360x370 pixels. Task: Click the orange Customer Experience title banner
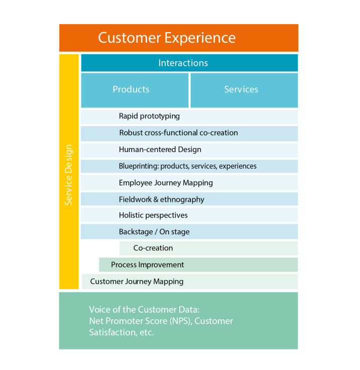178,38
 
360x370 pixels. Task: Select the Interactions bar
189,63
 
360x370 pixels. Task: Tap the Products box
135,89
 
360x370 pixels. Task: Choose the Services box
244,89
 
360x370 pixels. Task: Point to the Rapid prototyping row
189,116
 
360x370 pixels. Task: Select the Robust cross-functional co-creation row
189,133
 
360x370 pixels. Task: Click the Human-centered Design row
189,150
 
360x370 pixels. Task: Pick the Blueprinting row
189,166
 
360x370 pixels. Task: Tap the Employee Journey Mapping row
189,183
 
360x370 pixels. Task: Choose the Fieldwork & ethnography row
189,199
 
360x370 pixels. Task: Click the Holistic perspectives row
189,215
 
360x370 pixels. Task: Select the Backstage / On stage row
189,232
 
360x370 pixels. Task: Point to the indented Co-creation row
208,248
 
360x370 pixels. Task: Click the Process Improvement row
198,265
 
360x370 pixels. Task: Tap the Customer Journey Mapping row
189,281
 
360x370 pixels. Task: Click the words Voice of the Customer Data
144,310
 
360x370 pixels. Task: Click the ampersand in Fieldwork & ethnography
156,199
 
